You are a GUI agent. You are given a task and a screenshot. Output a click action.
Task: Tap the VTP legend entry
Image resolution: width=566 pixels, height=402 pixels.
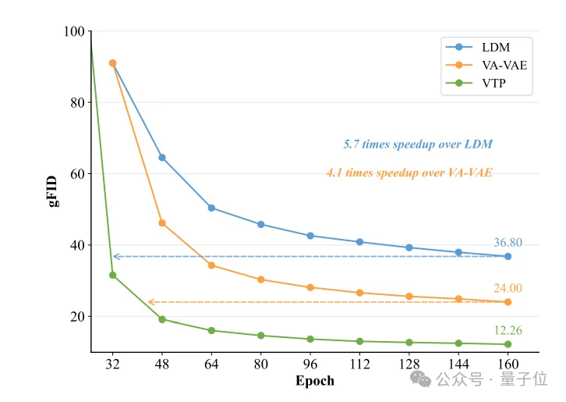pos(493,83)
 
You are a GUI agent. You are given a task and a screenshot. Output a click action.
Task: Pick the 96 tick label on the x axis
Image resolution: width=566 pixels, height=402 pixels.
pos(310,364)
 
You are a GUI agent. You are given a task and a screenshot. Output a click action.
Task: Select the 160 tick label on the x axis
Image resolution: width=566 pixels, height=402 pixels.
pos(508,364)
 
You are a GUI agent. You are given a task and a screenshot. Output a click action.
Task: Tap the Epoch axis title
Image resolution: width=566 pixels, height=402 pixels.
pos(315,381)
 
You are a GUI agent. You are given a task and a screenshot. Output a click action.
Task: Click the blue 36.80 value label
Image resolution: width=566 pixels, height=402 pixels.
pos(508,243)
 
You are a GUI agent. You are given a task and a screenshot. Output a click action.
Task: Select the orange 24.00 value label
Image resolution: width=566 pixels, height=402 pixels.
pos(508,288)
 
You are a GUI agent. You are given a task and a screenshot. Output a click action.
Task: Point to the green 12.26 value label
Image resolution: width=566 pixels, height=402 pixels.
pos(508,331)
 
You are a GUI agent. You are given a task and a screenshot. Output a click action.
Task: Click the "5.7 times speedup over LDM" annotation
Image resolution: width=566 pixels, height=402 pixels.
pos(418,144)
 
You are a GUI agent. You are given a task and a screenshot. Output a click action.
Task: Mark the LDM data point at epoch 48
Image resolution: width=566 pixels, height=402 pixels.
pos(162,158)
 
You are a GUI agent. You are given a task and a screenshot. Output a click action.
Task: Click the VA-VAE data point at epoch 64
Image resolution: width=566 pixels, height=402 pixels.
pos(211,265)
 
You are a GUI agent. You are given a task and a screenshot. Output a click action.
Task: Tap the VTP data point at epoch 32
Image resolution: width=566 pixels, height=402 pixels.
pos(112,275)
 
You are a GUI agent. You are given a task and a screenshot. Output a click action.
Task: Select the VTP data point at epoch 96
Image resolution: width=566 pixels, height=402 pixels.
pos(310,339)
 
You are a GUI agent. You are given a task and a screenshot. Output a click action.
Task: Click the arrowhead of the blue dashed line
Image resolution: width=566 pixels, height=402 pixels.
pos(115,256)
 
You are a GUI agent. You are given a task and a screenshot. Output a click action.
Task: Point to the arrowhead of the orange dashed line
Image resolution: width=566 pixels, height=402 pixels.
pos(150,302)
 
